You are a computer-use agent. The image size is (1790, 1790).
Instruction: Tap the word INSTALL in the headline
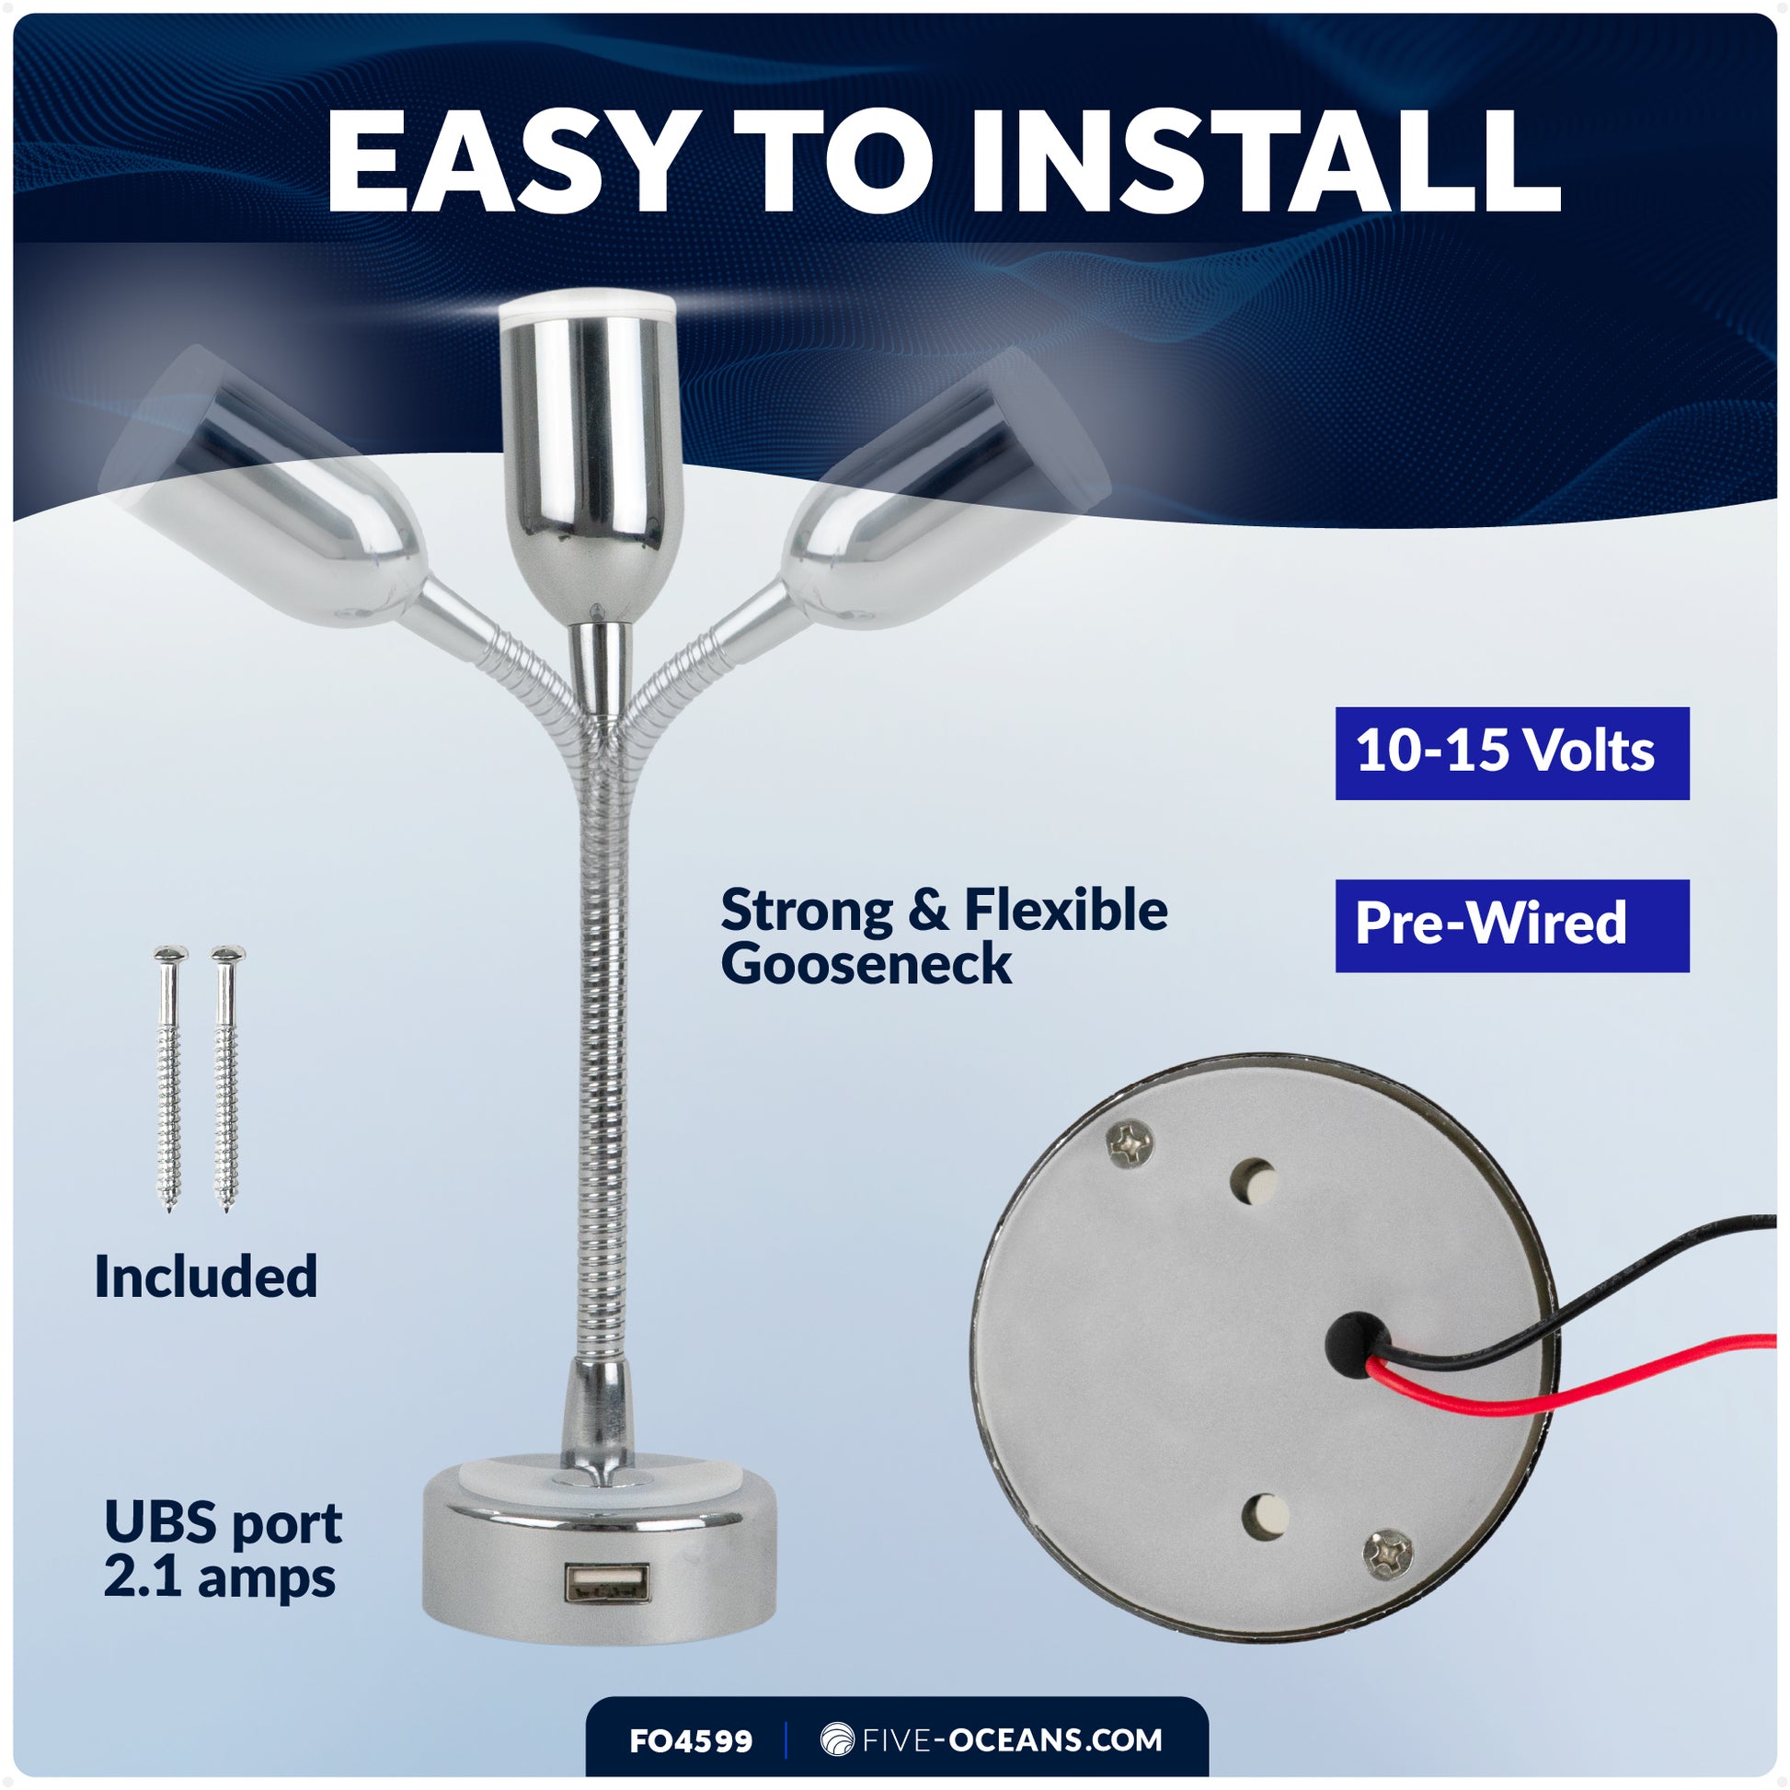pyautogui.click(x=1266, y=163)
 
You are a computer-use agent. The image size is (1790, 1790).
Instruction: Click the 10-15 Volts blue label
pyautogui.click(x=1511, y=752)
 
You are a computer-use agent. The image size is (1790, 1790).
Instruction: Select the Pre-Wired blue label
pyautogui.click(x=1511, y=924)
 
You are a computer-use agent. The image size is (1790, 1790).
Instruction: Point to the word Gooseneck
pyautogui.click(x=866, y=966)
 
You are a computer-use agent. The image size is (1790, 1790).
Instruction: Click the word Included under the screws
pyautogui.click(x=206, y=1277)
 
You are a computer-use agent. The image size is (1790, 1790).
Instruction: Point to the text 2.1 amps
pyautogui.click(x=219, y=1578)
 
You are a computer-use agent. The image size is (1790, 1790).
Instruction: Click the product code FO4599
pyautogui.click(x=690, y=1742)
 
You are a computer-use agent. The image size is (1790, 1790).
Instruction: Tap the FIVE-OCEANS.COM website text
pyautogui.click(x=1011, y=1740)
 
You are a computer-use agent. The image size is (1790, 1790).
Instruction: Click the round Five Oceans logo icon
pyautogui.click(x=837, y=1740)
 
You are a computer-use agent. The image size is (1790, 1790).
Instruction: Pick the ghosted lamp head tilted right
pyautogui.click(x=935, y=491)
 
